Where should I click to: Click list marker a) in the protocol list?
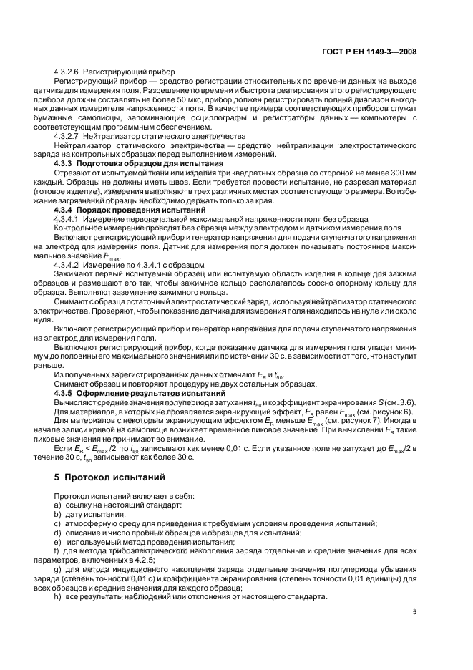click(x=57, y=505)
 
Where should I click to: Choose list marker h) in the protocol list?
click(x=57, y=596)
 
